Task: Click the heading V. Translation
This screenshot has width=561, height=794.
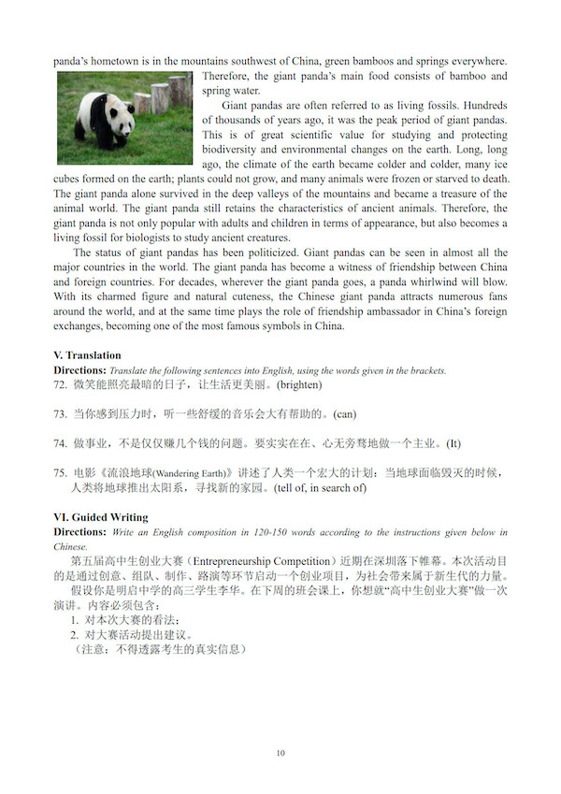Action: click(x=88, y=355)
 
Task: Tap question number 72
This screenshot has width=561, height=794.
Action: click(x=61, y=384)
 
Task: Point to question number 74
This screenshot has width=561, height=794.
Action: click(x=61, y=443)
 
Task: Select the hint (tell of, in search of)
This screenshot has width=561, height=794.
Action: click(x=321, y=488)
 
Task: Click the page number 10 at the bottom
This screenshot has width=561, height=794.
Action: click(x=280, y=754)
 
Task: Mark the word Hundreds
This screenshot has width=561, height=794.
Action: click(x=479, y=106)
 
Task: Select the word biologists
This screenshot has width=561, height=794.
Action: click(x=168, y=238)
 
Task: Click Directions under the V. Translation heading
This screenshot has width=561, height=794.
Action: click(x=79, y=370)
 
